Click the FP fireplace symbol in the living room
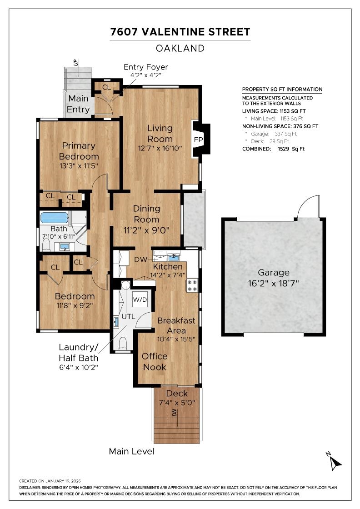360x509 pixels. coord(199,140)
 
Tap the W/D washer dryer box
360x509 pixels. coord(140,300)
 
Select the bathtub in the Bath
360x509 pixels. coord(54,217)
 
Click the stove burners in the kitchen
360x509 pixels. coord(192,285)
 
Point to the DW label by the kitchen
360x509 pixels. coord(140,259)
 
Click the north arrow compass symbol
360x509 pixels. coord(335,463)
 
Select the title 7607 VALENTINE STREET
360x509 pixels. coord(180,32)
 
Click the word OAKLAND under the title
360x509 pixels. coord(180,48)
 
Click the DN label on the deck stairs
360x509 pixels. coord(174,413)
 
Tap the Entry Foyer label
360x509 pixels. coord(146,67)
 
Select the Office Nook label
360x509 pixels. coord(155,361)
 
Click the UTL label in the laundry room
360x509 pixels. coord(128,316)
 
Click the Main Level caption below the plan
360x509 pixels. coord(131,451)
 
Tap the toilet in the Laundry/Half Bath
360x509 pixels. coord(122,343)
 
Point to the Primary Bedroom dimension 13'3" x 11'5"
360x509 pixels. coord(79,166)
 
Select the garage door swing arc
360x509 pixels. coord(308,207)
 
